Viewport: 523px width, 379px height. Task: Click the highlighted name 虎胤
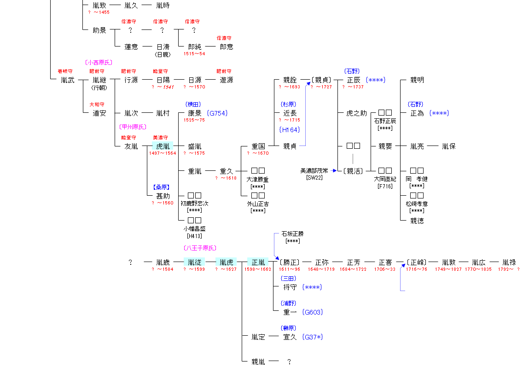tap(163, 146)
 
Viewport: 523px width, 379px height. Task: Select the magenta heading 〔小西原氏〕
tap(99, 62)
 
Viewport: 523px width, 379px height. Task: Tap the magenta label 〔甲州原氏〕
tap(133, 127)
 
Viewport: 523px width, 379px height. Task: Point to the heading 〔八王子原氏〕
tap(200, 248)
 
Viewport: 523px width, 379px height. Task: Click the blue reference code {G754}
tap(217, 113)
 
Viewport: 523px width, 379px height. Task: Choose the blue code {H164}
tap(290, 130)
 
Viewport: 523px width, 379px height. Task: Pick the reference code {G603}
tap(313, 312)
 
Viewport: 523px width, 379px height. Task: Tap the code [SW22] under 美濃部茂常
tap(314, 178)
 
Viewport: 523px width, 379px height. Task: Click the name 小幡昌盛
tap(194, 228)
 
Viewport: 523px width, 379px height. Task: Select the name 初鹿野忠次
tap(194, 203)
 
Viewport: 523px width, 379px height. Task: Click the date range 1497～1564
tap(163, 153)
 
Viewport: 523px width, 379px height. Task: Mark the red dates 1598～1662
tap(258, 269)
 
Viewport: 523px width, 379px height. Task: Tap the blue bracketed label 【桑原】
tap(162, 187)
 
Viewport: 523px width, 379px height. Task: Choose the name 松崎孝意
tap(417, 204)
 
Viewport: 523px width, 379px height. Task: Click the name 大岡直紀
tap(385, 179)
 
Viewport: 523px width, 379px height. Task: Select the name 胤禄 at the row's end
tap(509, 262)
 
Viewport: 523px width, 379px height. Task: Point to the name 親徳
tap(417, 221)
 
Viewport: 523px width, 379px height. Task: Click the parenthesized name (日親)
tap(163, 54)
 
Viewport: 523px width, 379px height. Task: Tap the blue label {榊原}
tap(288, 328)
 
